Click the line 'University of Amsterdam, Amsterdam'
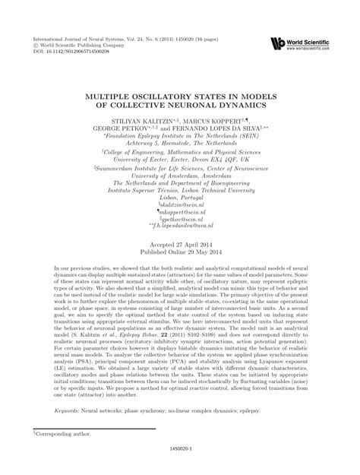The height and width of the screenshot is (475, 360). [179, 174]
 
